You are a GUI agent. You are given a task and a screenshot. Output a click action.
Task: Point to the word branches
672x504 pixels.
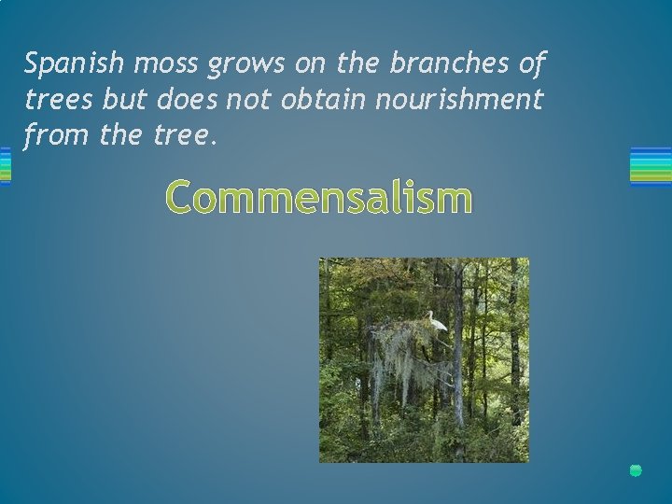[440, 63]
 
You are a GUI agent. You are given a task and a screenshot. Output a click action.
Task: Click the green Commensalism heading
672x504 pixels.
[319, 198]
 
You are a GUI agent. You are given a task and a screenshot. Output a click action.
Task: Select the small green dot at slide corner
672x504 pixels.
[636, 469]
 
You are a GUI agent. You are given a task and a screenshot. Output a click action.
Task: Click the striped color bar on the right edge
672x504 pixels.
[651, 166]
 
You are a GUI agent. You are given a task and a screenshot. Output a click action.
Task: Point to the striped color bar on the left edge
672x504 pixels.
[5, 166]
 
